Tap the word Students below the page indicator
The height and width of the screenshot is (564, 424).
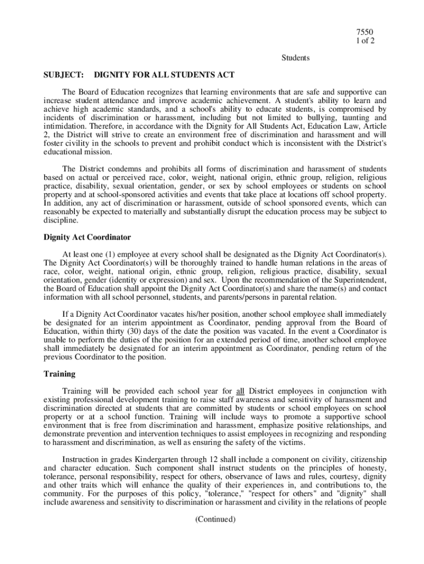296,57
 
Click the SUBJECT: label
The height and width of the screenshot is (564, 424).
63,74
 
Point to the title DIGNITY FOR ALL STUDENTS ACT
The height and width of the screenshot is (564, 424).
165,74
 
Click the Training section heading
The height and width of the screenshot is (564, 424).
59,374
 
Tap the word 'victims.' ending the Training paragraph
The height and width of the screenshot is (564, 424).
317,442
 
